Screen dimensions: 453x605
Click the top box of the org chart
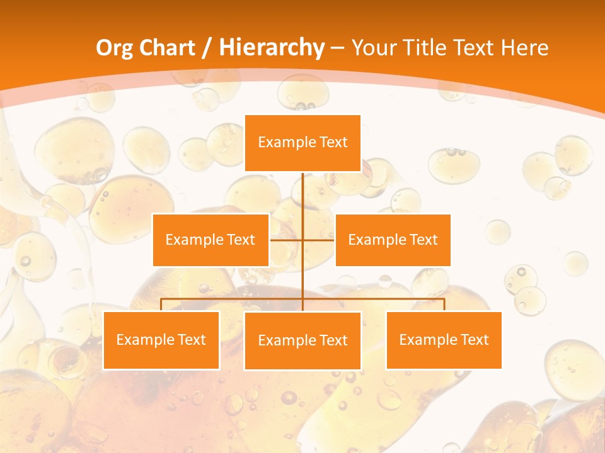(x=302, y=143)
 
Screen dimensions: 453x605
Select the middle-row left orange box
(x=210, y=240)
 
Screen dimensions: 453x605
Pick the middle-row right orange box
(x=393, y=240)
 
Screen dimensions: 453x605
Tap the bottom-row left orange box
(x=161, y=340)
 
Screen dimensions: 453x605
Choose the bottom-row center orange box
(x=302, y=340)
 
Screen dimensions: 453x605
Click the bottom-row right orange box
(x=444, y=340)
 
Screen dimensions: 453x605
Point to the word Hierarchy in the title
(x=271, y=48)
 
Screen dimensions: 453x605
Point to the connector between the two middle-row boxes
(x=287, y=240)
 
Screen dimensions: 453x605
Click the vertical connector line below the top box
(x=302, y=195)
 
